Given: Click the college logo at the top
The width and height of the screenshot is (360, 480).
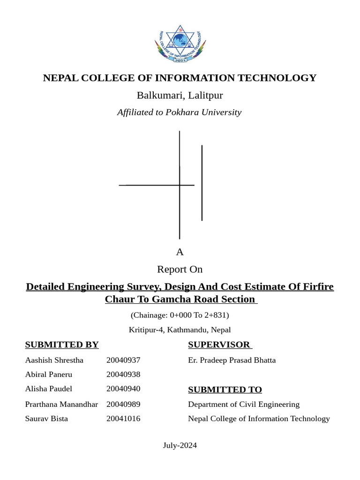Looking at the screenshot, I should coord(180,44).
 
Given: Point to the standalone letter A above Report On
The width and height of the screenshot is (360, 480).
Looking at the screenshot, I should coord(180,252).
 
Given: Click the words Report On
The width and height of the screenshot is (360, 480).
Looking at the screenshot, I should coord(180,269).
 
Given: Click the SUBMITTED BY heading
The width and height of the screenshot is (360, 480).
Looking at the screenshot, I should coord(62,345).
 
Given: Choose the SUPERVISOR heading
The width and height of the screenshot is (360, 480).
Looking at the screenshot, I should coord(219,345).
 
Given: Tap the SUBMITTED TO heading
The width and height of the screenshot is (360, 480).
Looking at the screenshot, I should coord(225,390).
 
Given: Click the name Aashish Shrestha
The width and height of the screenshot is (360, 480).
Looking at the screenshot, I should coord(54,360).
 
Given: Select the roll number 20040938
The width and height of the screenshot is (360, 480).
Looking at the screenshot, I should coord(123,374).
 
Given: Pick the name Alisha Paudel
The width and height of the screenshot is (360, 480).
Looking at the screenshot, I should coord(49,389).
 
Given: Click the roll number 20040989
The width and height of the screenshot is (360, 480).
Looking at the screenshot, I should coord(123,404).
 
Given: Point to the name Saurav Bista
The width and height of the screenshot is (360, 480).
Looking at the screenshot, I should coord(46,419).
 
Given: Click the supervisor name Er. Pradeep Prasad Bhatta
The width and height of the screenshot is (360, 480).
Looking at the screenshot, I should coord(232,360).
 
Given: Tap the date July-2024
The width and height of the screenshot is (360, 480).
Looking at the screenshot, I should coord(180,445).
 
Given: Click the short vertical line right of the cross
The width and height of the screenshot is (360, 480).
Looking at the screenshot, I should coord(202,183).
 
